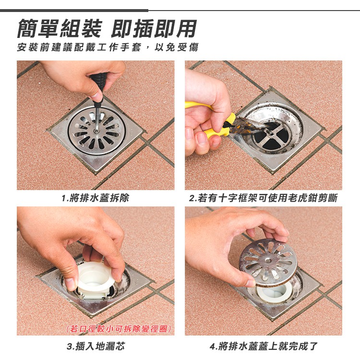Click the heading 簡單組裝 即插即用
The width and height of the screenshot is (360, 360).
[107, 29]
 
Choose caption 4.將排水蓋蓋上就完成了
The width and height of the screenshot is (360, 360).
[264, 346]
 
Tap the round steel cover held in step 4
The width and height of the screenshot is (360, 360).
[268, 262]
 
